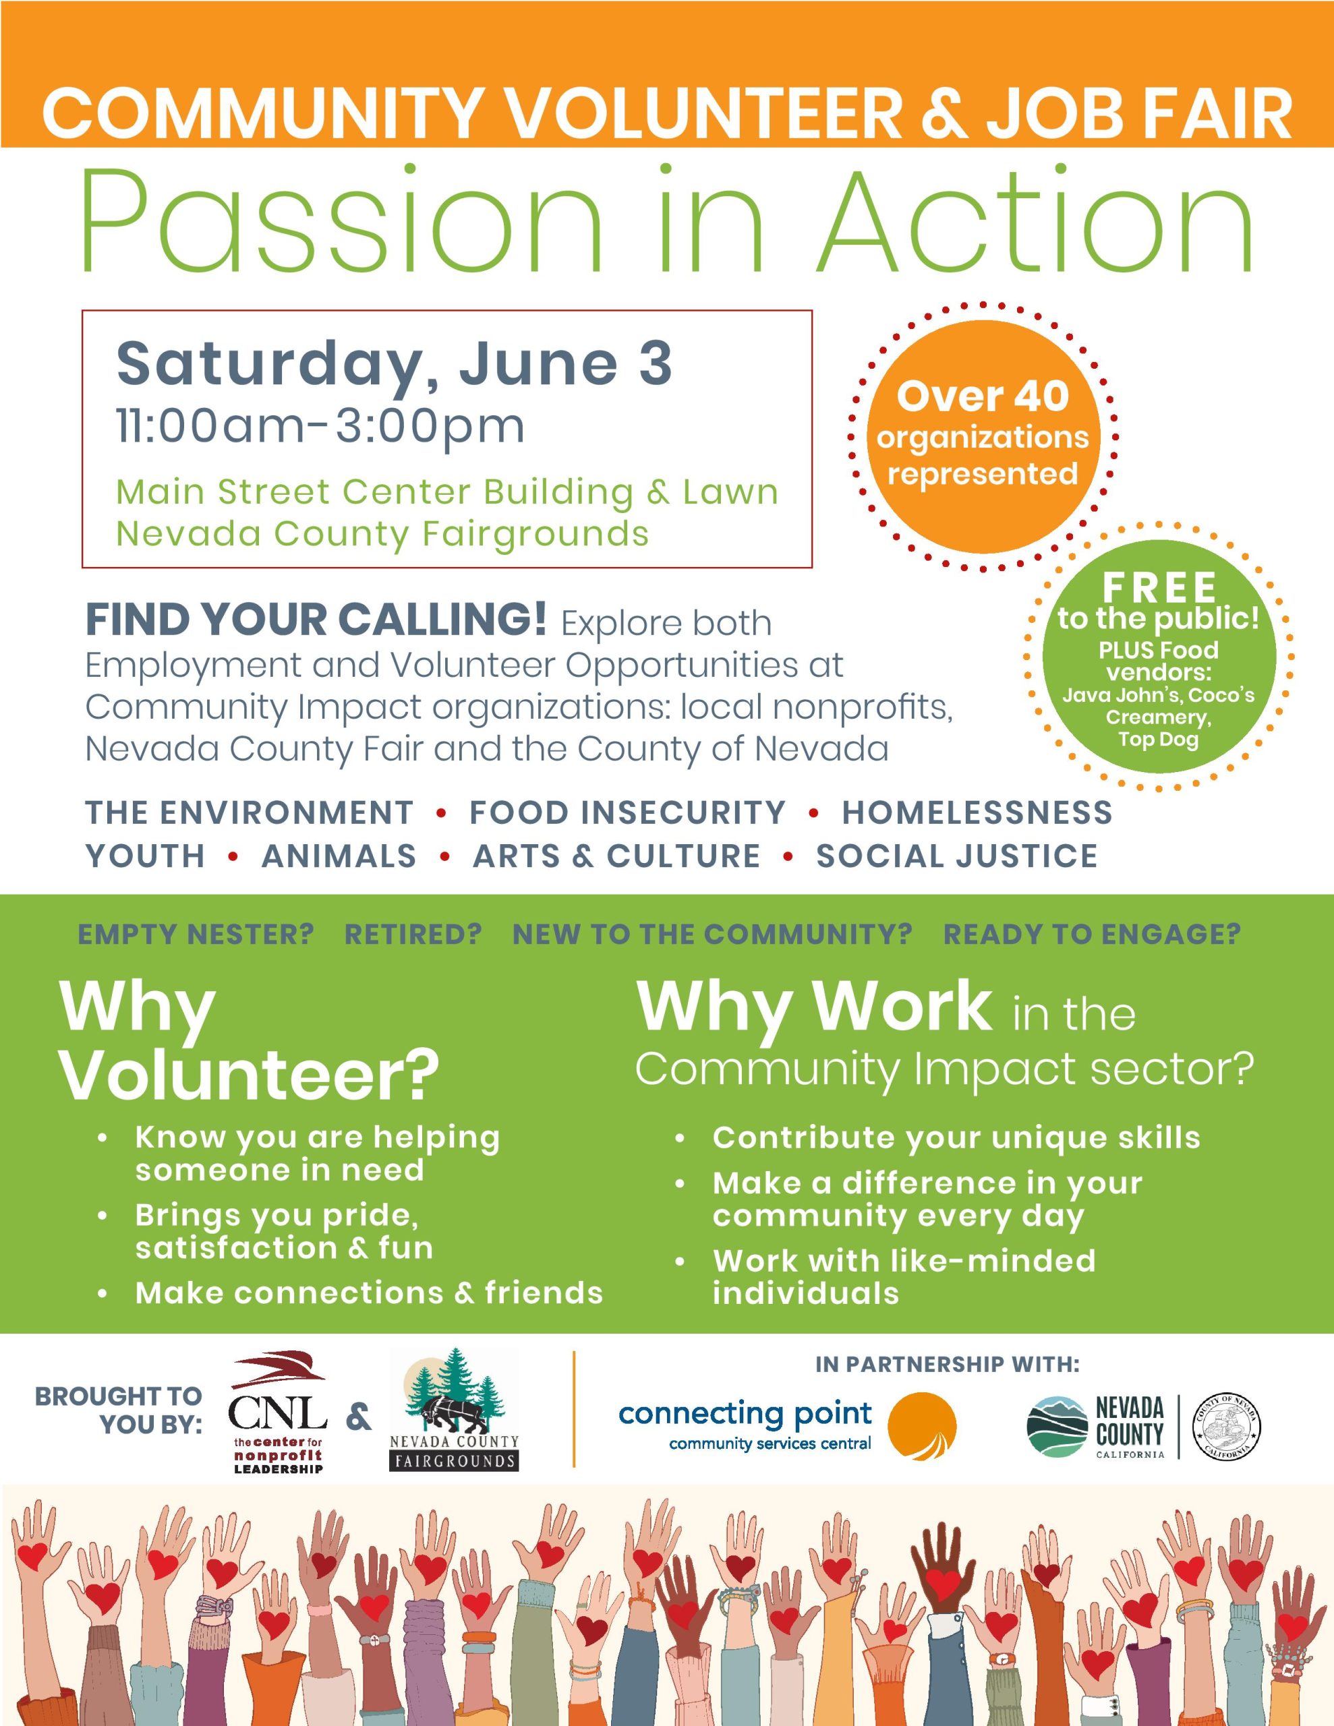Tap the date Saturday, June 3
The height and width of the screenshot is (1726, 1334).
tap(394, 363)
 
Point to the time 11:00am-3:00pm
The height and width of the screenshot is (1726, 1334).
tap(320, 426)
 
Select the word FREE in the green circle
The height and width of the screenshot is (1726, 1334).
tap(1159, 588)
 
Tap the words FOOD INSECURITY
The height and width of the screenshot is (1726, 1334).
tap(628, 812)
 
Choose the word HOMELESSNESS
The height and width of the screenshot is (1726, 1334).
tap(977, 812)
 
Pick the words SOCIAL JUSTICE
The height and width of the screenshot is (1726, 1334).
tap(957, 856)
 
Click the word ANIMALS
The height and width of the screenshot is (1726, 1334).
tap(339, 856)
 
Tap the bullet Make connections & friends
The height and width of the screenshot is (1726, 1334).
tap(368, 1293)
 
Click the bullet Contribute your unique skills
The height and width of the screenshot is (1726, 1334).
tap(956, 1138)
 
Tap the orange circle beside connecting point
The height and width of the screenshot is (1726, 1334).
tap(921, 1427)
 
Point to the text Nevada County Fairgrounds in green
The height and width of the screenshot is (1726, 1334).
tap(382, 533)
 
